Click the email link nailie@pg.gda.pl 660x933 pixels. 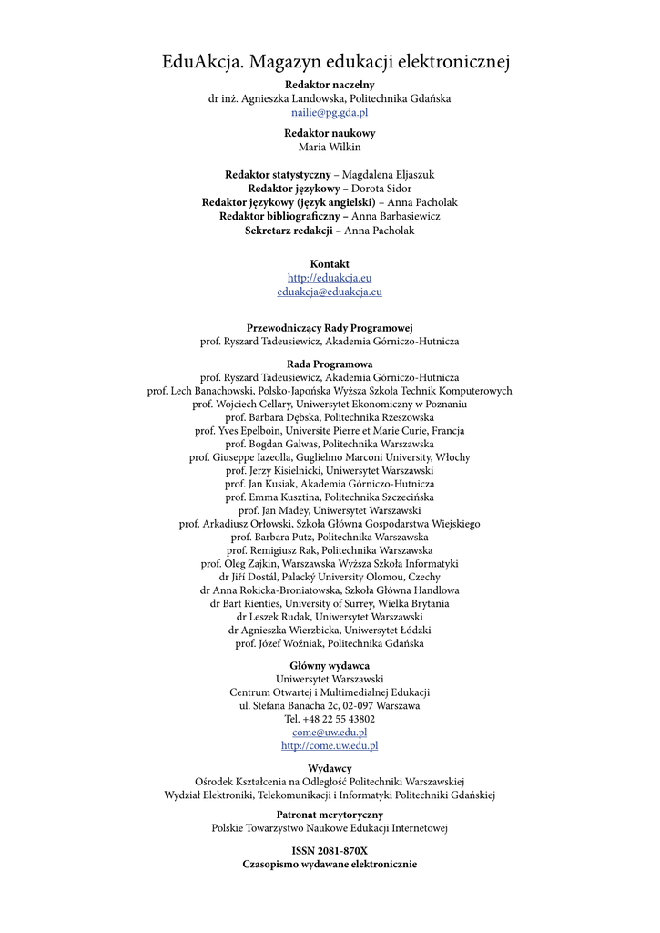330,113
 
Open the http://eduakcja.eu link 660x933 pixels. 330,278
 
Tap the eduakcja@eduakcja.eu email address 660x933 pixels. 330,292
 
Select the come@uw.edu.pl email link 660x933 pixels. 330,732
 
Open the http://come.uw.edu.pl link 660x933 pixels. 330,745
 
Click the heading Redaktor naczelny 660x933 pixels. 330,85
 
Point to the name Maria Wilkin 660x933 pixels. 330,147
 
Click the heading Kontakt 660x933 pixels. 330,264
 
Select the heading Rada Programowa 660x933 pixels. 330,364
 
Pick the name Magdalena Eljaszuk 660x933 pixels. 388,174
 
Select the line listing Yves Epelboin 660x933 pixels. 330,431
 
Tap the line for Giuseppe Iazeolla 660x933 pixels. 330,457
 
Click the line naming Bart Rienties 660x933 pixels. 330,603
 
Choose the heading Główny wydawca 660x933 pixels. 330,666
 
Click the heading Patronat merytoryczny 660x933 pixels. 330,815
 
